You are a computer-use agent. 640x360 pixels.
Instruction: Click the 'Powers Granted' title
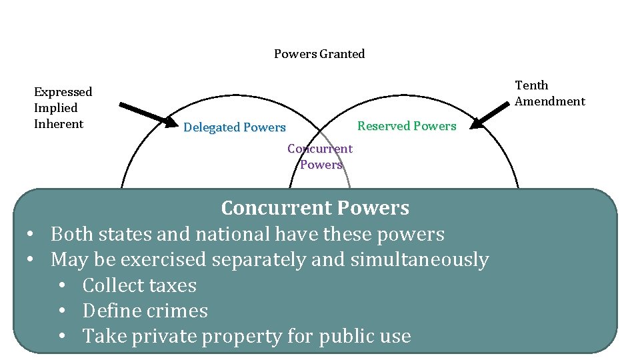click(x=319, y=54)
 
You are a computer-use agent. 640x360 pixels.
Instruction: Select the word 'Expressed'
click(x=63, y=92)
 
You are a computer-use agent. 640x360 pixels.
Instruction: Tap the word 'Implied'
click(x=56, y=108)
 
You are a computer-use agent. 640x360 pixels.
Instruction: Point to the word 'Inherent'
click(x=59, y=124)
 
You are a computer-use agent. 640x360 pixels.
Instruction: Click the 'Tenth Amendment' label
click(x=549, y=93)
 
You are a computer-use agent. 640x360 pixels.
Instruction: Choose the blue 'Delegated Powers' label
click(x=234, y=127)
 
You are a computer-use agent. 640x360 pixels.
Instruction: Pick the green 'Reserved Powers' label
click(x=407, y=126)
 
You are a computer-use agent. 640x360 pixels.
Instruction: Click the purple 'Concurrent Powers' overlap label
click(x=320, y=157)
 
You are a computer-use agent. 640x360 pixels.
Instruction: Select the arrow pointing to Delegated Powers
click(x=145, y=113)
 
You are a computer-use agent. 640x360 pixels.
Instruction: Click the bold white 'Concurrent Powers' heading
click(x=315, y=208)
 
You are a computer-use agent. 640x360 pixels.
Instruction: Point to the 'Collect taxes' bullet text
click(x=139, y=285)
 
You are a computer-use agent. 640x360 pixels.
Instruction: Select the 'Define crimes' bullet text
click(x=145, y=311)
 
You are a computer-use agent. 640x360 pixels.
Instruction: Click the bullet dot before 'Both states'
click(x=31, y=235)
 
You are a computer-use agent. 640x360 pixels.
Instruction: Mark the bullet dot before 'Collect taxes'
click(x=62, y=286)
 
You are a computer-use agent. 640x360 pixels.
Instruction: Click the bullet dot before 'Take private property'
click(x=62, y=337)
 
